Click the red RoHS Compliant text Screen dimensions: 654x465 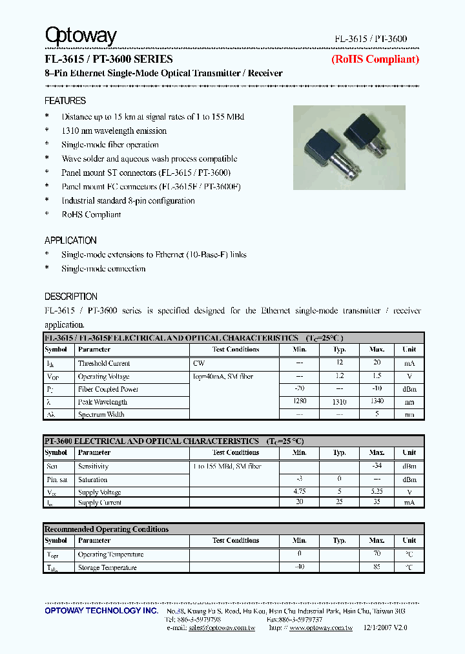click(375, 59)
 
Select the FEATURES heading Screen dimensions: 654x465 click(65, 101)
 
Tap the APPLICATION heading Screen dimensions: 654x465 click(70, 240)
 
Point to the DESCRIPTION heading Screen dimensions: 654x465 click(71, 297)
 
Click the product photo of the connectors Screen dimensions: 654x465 click(349, 147)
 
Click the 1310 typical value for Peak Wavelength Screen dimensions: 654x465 click(340, 402)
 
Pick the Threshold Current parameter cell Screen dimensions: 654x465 click(104, 363)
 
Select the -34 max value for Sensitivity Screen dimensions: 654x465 click(377, 466)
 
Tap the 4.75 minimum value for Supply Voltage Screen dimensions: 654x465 click(300, 492)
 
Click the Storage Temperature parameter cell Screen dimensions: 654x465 click(107, 567)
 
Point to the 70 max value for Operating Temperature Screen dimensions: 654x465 click(377, 554)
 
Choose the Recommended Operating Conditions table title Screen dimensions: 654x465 click(107, 529)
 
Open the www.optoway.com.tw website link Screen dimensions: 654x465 click(320, 628)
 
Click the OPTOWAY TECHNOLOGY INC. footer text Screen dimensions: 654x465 click(101, 611)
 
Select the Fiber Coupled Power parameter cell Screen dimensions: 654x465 click(108, 389)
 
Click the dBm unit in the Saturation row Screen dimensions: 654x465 click(409, 480)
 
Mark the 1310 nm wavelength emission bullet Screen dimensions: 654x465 click(114, 131)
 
